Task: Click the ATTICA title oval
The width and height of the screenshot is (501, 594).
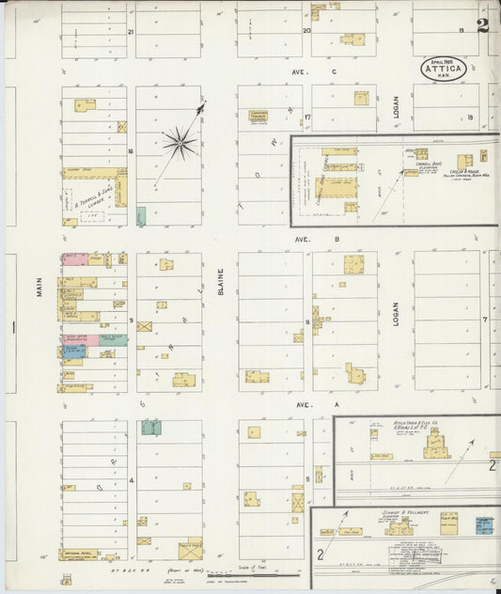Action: [x=444, y=70]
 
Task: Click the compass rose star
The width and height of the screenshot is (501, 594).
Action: [x=179, y=143]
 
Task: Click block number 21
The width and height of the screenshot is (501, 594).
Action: [x=132, y=32]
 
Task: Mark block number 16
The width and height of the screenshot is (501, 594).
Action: [x=132, y=151]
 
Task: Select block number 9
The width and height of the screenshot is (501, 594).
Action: [x=132, y=320]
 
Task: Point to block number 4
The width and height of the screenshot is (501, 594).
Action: [x=132, y=480]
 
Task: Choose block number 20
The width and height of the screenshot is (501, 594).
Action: [x=305, y=31]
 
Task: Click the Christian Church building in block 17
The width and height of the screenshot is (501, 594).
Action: [x=258, y=116]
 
